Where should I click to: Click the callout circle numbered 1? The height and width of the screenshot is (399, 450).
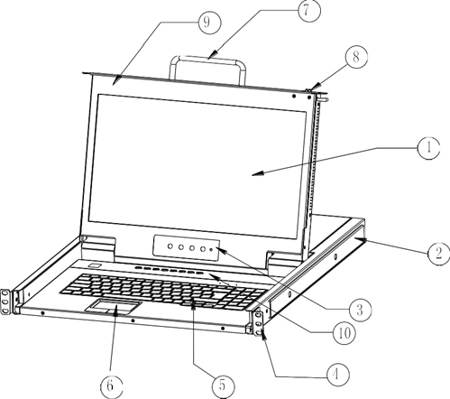click(428, 148)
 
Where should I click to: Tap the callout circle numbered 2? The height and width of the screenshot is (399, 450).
click(439, 254)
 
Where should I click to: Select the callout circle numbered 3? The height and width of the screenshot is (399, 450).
click(360, 310)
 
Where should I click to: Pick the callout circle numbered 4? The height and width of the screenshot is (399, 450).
click(338, 375)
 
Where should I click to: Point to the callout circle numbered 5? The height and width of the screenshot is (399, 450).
click(223, 385)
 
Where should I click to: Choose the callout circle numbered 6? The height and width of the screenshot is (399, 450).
click(111, 385)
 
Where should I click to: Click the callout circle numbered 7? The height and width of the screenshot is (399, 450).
click(309, 11)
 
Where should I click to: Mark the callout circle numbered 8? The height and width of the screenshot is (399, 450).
click(356, 57)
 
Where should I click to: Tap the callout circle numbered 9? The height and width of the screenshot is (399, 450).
click(209, 23)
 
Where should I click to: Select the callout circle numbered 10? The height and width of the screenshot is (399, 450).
click(344, 332)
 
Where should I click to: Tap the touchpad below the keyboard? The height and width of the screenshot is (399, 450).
click(114, 306)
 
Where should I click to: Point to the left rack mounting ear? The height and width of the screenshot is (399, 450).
click(5, 302)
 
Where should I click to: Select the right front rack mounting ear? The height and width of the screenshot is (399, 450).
click(258, 323)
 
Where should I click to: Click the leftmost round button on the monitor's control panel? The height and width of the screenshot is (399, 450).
click(170, 246)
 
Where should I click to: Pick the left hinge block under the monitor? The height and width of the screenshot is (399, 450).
click(98, 247)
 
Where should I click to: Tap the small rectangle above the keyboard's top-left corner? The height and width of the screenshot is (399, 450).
click(95, 265)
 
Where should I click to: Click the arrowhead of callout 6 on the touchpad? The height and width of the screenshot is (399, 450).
click(116, 309)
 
